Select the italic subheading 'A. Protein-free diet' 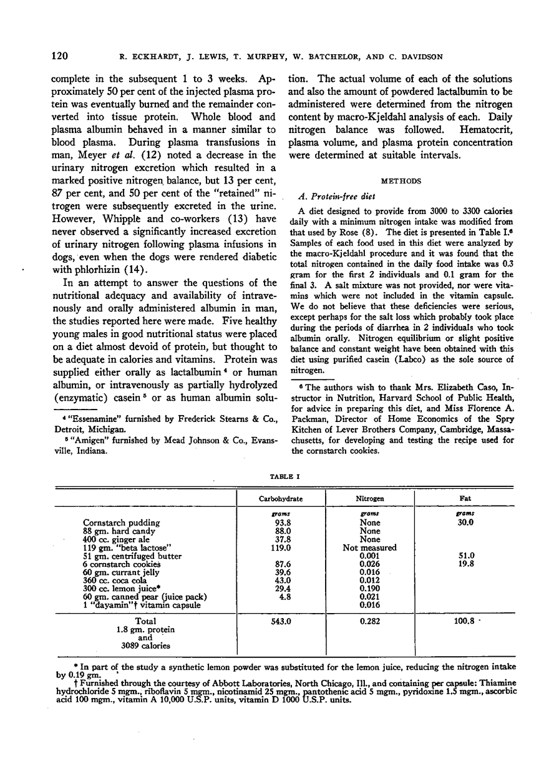click(329, 198)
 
